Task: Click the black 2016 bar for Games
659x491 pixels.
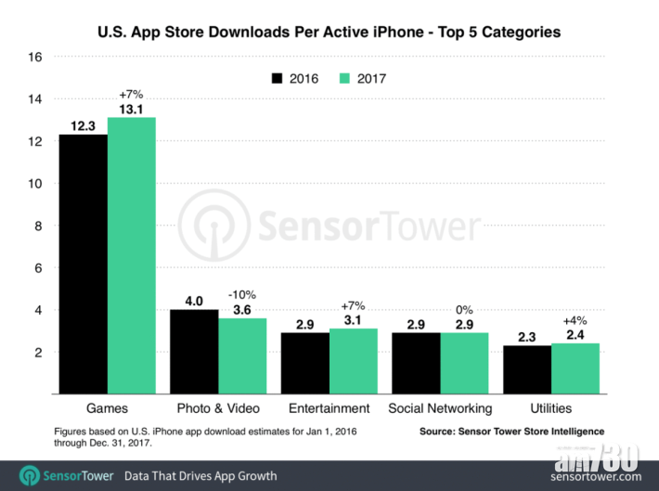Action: click(x=84, y=265)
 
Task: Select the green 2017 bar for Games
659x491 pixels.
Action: click(x=132, y=255)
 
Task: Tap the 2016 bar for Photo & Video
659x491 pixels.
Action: click(x=194, y=352)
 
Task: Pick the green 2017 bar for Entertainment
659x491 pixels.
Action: click(x=353, y=361)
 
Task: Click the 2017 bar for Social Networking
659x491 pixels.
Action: click(x=464, y=363)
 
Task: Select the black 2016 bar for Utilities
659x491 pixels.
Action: click(x=526, y=369)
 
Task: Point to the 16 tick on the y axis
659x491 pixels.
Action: click(x=35, y=57)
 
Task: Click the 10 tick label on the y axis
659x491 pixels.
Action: click(x=35, y=184)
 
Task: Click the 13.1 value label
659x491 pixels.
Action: click(x=131, y=108)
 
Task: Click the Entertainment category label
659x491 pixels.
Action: click(x=329, y=407)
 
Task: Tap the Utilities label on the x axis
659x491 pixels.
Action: click(x=551, y=407)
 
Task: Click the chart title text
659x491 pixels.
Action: click(x=329, y=32)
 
